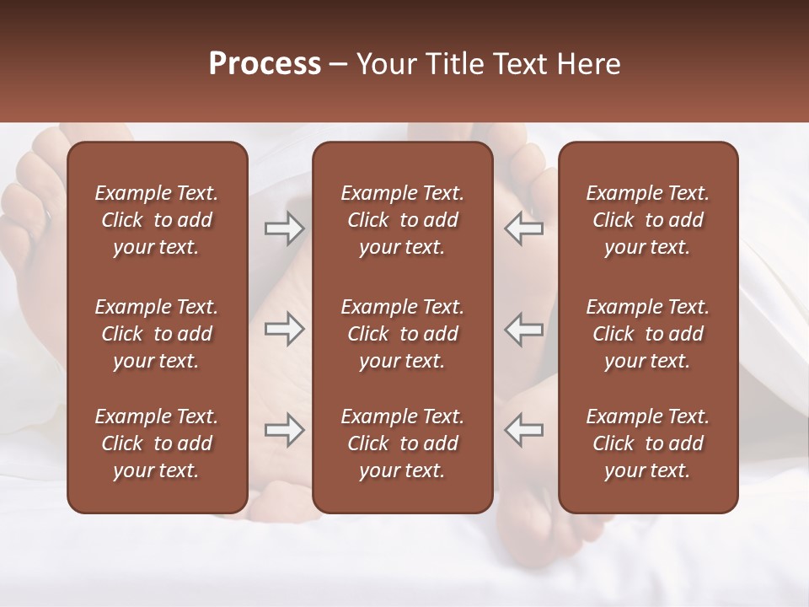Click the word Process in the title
click(265, 64)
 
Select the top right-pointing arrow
click(284, 228)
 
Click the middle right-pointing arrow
click(284, 329)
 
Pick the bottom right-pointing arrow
click(284, 430)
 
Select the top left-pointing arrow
click(524, 228)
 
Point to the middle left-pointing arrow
click(524, 329)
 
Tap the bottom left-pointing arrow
click(524, 430)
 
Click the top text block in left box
click(157, 220)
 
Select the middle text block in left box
click(157, 334)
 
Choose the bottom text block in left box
click(157, 443)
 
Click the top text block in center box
click(402, 220)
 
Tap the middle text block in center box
click(402, 334)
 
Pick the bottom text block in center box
click(402, 443)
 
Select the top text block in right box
click(647, 220)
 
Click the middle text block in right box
click(647, 334)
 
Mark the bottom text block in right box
click(647, 443)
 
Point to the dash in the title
click(339, 65)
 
